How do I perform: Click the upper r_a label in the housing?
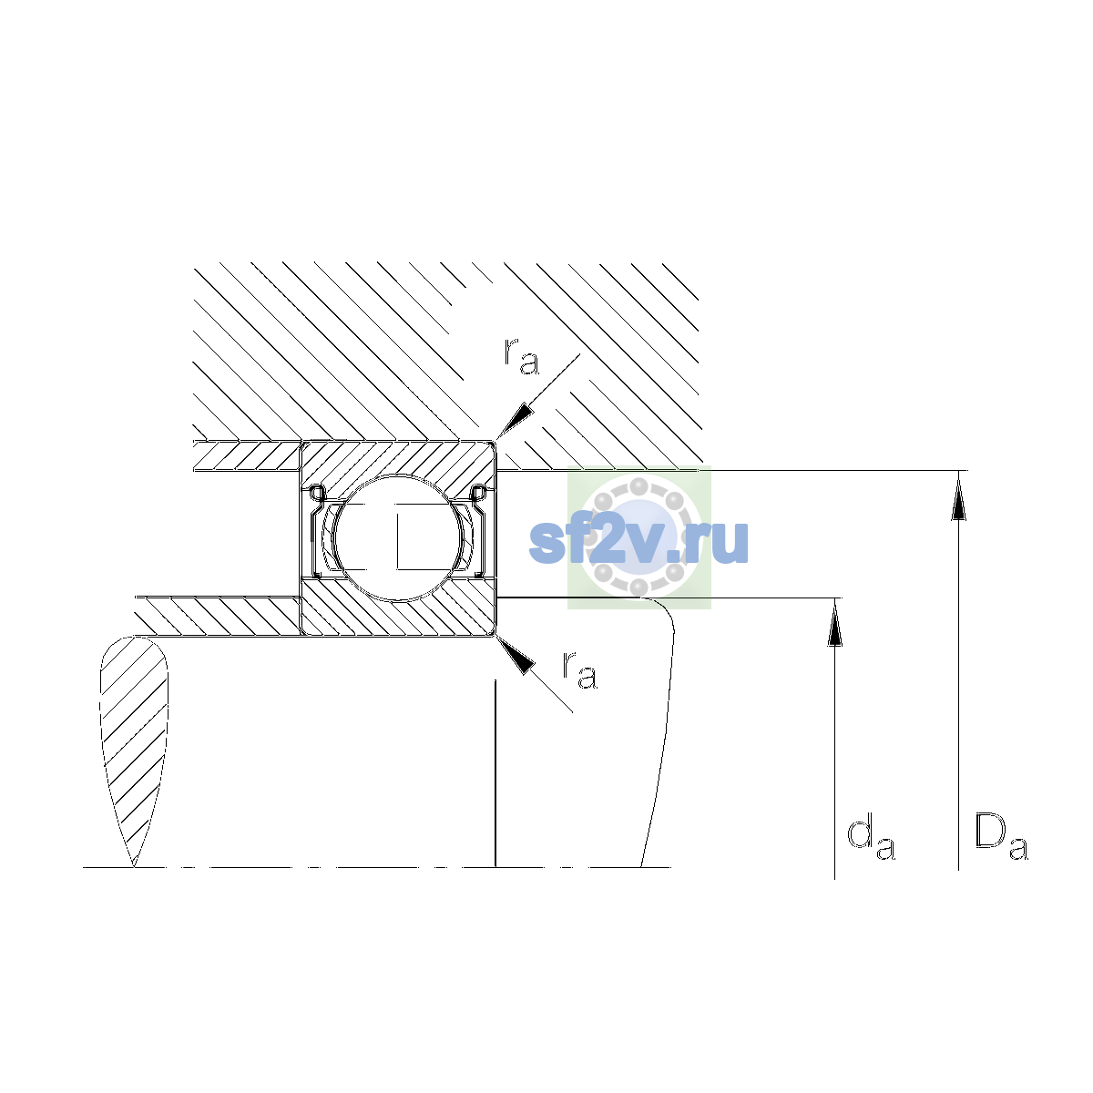coord(521,357)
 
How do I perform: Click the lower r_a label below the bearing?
coord(578,670)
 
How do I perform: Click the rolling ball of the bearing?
coord(398,537)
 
